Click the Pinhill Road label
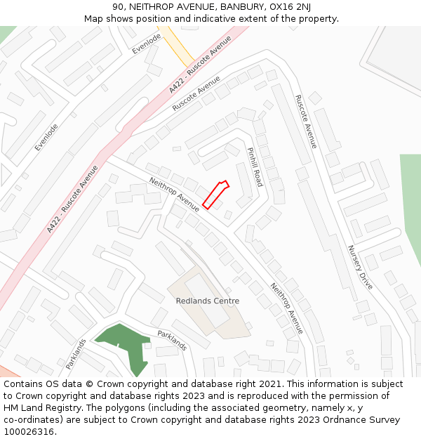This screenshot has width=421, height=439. click(x=254, y=166)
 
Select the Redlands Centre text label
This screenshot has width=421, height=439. click(x=207, y=301)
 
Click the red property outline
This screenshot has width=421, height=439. click(x=215, y=195)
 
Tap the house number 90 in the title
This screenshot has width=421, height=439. click(x=118, y=7)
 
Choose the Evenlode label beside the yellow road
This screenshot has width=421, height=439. click(x=147, y=43)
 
